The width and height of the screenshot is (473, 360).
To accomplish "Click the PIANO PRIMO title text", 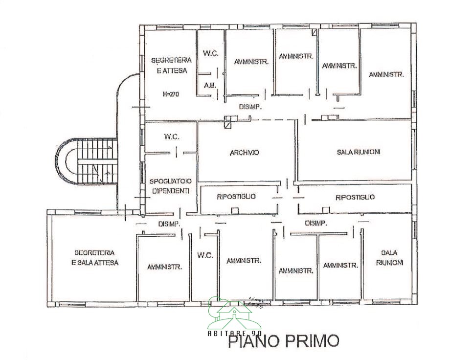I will tap(284, 340).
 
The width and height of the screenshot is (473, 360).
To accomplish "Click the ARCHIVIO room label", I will tap(244, 153).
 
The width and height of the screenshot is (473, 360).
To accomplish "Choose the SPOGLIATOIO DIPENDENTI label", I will tap(169, 186).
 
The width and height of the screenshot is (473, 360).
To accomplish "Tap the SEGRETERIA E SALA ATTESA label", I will tap(94, 258).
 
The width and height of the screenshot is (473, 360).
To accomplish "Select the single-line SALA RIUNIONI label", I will tap(358, 152).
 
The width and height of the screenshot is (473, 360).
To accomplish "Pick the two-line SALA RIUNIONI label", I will tap(389, 258).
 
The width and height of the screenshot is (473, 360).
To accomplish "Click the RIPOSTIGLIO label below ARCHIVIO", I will tap(236, 197).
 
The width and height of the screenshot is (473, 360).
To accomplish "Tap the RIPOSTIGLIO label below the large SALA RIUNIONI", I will tap(355, 197).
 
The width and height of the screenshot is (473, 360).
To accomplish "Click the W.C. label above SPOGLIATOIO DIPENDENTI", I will tap(170, 136).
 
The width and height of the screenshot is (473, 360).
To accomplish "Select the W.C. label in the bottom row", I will tap(205, 255).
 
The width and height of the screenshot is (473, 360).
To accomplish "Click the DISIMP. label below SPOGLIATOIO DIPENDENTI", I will tap(170, 224).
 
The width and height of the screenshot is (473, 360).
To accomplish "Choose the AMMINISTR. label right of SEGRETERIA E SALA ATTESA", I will tap(164, 267).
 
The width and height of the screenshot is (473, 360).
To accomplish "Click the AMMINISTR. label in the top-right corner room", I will tap(386, 75).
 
